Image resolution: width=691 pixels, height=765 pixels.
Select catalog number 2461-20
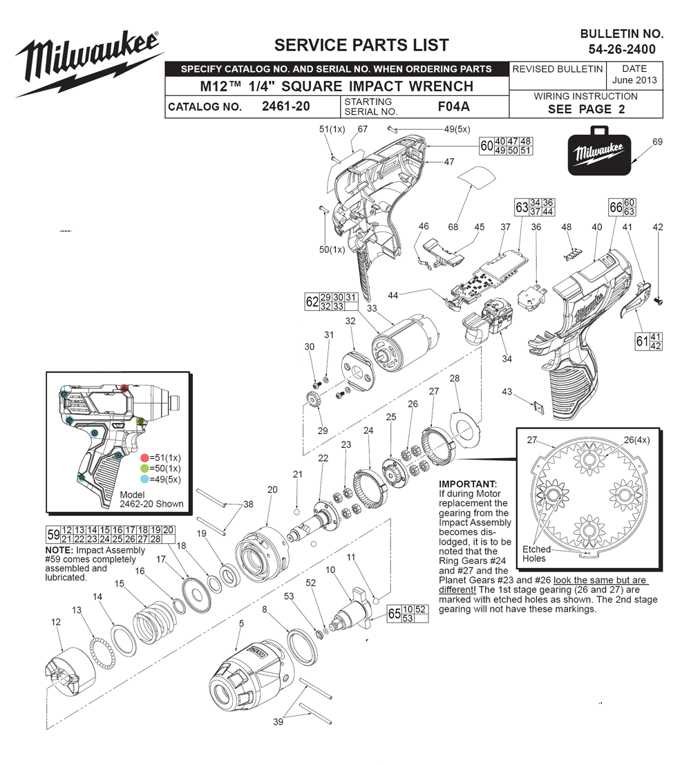(286, 106)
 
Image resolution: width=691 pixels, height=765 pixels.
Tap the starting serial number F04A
(454, 106)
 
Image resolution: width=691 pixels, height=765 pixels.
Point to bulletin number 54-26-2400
(622, 49)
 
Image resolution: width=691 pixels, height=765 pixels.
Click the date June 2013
(634, 80)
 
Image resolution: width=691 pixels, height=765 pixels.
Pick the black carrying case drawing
(599, 152)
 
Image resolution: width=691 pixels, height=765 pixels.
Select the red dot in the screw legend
(144, 457)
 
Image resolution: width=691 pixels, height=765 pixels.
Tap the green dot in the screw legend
(144, 469)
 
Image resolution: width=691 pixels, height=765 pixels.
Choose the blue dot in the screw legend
(144, 479)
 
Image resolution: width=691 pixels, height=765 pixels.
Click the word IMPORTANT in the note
(468, 484)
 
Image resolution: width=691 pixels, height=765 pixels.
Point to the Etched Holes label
(536, 554)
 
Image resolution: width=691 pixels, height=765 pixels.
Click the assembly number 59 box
(53, 535)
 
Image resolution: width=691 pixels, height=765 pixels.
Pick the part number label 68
(453, 227)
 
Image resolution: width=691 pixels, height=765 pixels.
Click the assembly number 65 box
(395, 614)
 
